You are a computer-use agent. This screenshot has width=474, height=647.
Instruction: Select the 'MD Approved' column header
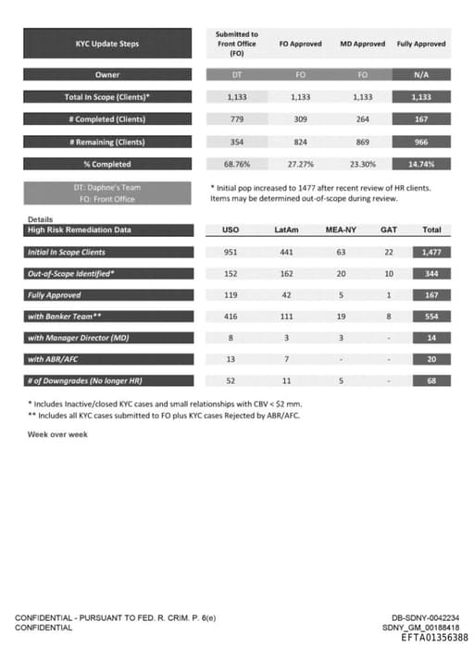363,44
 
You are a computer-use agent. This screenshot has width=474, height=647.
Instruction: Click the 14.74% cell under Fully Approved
421,164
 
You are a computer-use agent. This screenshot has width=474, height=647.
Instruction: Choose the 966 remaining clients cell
421,142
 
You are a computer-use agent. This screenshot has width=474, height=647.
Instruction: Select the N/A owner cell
421,74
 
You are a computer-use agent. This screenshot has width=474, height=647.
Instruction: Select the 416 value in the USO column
231,317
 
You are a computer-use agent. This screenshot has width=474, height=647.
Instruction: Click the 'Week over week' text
57,434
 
